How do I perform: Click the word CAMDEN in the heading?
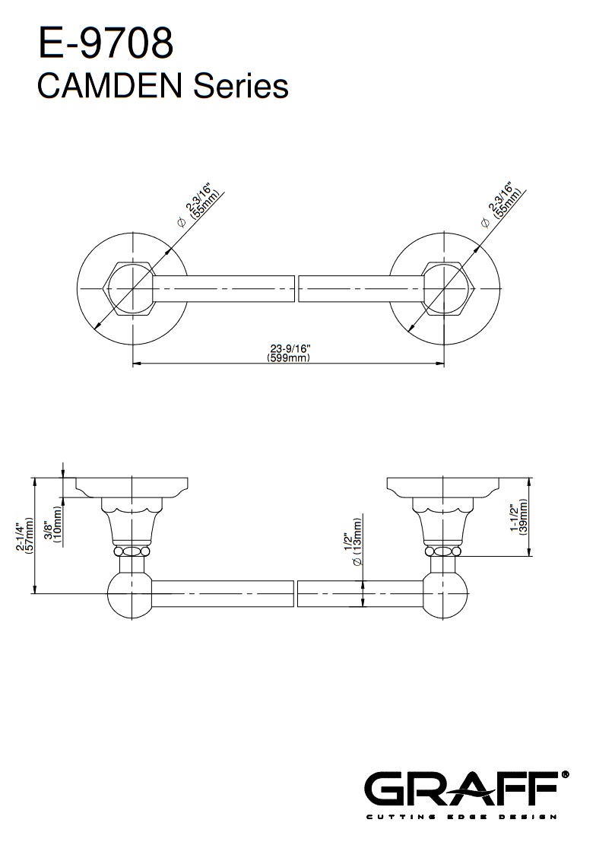109,86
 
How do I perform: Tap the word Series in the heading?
241,86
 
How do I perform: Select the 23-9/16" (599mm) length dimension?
289,353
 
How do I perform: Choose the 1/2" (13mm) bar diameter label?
353,541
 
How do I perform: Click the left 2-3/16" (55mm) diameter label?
199,208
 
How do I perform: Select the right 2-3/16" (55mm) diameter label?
501,208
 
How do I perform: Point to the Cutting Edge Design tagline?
461,817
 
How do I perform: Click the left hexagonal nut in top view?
132,289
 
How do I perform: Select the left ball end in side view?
131,595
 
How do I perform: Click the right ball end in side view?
445,595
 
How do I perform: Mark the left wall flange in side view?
132,488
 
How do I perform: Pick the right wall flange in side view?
443,488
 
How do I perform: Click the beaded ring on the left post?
132,551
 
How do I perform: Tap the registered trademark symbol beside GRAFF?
565,774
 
